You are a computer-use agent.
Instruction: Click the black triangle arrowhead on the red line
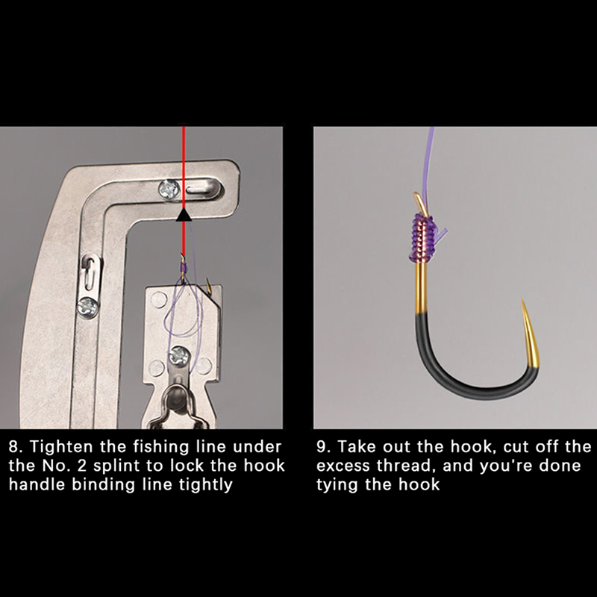pos(184,215)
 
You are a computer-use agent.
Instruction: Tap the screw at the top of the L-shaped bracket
pos(169,189)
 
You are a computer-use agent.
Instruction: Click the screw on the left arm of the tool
pos(88,307)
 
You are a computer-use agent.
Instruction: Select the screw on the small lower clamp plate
pos(178,356)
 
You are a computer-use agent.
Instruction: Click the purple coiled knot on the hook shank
pos(423,238)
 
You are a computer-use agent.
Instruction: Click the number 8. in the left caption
pos(16,446)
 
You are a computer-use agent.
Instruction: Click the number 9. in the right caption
pos(324,446)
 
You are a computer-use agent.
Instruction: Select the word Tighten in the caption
pos(61,446)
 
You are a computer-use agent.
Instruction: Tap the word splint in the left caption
pos(117,466)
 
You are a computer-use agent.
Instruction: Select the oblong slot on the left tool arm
pos(90,273)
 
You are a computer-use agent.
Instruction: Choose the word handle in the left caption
pos(37,484)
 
